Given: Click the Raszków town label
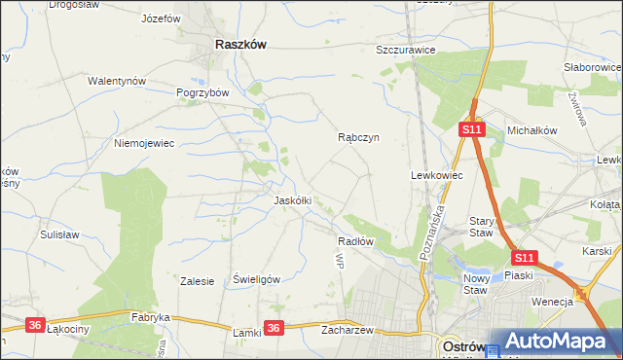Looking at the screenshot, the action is coord(240,45).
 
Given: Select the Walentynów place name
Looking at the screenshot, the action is coord(117,81).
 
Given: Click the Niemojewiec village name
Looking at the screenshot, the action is coord(143,143).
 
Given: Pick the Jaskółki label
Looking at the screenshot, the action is coord(292,200).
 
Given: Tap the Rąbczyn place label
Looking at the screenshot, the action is coord(358,138).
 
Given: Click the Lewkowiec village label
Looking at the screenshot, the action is coord(436,175).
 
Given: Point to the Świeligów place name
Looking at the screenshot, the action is coord(257,279).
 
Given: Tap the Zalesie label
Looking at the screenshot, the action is coord(197,281).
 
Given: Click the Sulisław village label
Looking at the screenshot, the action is coord(59,234).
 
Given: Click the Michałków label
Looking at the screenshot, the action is coord(531,129).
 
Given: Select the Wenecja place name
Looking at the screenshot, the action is coord(552,302).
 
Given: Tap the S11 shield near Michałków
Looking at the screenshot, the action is coord(472,128).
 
